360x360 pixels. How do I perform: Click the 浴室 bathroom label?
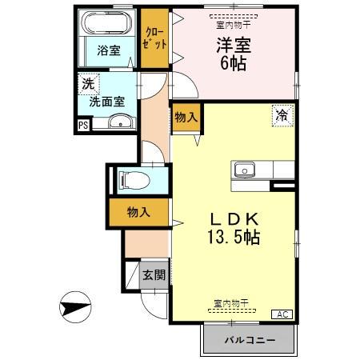coord(109,50)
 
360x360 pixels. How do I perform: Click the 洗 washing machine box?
coord(86,82)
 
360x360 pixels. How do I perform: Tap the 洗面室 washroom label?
coord(106,102)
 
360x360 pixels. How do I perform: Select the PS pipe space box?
coord(83,125)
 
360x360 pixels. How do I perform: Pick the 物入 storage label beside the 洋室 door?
coord(186,118)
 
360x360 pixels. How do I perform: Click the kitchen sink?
coord(243,170)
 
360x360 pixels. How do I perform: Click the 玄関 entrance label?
coord(154,276)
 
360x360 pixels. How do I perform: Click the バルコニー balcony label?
coord(249,340)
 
